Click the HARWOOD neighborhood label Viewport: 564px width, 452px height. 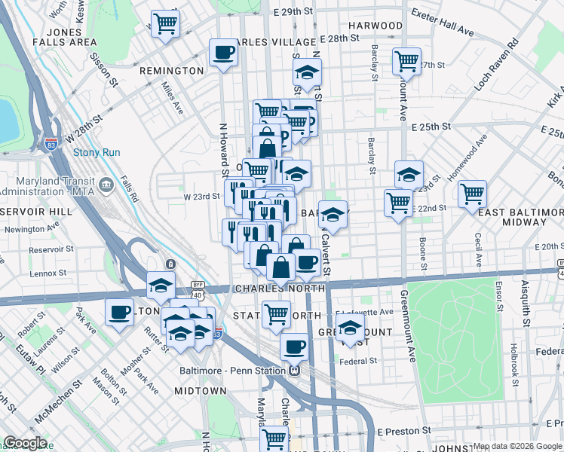click(375, 26)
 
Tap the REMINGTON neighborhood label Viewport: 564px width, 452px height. click(171, 71)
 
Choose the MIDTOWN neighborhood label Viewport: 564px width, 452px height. click(200, 391)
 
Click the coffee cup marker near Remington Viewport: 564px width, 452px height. click(222, 53)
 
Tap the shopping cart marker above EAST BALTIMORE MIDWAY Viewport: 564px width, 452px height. click(473, 193)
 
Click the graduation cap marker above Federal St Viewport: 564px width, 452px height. click(350, 328)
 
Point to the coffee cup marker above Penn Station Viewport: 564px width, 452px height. click(294, 346)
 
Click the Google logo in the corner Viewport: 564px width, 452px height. click(25, 443)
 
